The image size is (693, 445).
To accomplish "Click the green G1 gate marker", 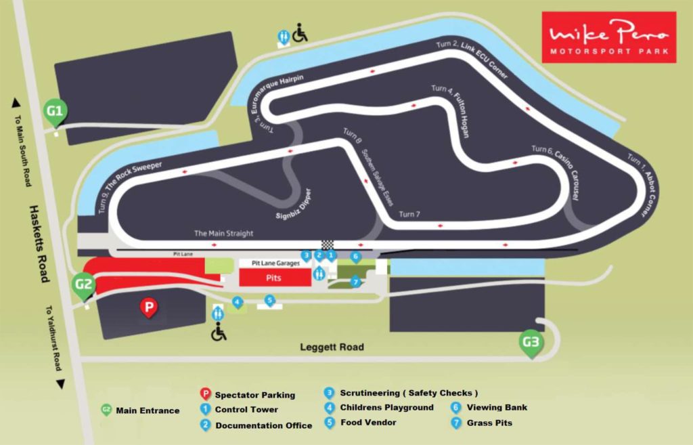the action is coord(55,111).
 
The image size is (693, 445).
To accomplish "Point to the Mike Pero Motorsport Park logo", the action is coord(608,37).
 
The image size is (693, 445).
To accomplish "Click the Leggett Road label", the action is coord(332,347).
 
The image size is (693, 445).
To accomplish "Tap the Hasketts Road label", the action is coord(39,244).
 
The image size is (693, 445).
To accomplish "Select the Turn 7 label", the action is coord(409,215).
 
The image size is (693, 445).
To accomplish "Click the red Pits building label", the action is coord(274,278).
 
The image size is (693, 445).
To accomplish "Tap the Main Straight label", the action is coord(223,234).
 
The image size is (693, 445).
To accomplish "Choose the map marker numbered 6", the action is coord(356,257).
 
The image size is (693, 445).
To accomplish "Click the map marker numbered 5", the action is coord(270,300).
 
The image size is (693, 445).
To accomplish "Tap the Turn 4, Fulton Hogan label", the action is coord(451,111).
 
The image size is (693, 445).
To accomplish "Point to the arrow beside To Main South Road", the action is coord(16,102).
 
